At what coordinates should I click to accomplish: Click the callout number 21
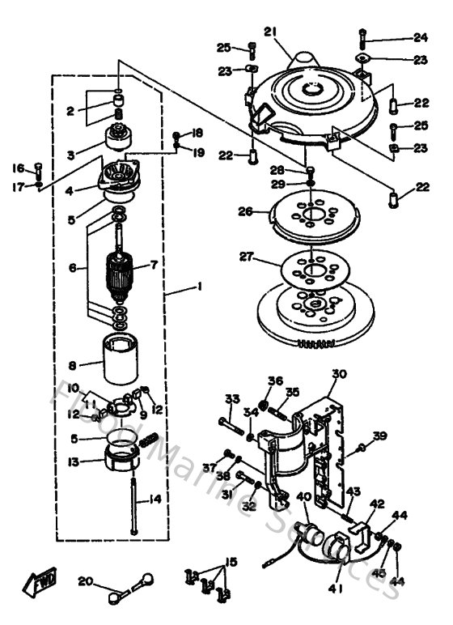coord(270,32)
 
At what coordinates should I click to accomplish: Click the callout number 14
coord(154,500)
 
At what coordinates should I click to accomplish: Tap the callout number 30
coord(338,374)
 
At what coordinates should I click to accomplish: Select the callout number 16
coord(19,168)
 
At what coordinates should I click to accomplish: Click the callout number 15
coord(232,562)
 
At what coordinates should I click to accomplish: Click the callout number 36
coord(275,381)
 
